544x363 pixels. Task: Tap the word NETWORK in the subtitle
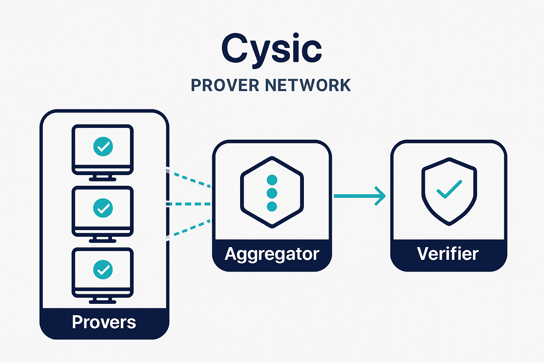[308, 85]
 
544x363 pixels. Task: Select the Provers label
[104, 322]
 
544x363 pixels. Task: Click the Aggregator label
[272, 254]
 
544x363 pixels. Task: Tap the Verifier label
[448, 254]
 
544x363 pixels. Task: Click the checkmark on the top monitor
[103, 146]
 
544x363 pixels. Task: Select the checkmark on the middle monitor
[103, 208]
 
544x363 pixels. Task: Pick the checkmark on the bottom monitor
[103, 269]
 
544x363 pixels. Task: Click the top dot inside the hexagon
[272, 180]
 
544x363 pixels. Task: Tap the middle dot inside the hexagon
[272, 193]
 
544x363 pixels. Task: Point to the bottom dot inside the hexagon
[272, 206]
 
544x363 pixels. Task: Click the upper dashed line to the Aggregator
[189, 179]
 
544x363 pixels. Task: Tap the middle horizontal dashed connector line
[188, 204]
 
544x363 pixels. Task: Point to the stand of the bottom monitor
[103, 301]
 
